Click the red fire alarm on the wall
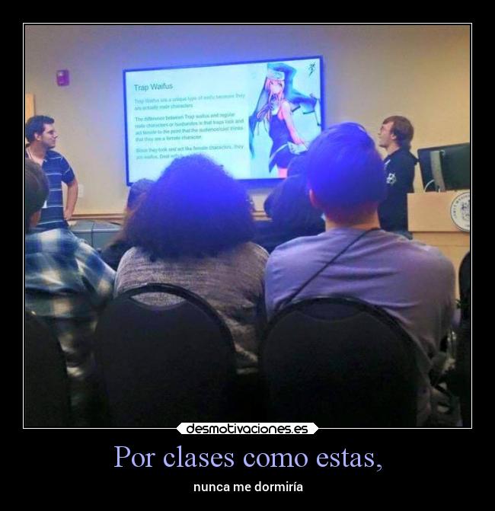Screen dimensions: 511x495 pos(62,77)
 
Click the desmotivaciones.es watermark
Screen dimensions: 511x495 pos(247,429)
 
